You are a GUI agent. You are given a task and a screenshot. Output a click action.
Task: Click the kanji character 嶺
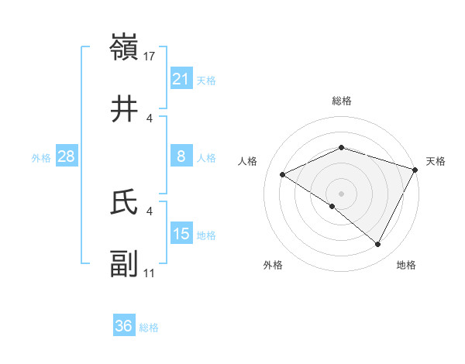coord(125,49)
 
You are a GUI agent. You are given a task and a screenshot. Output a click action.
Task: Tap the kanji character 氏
coord(125,203)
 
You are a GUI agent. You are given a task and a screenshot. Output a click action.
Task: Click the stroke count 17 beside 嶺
coord(150,56)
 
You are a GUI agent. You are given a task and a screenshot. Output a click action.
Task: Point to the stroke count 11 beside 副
coord(150,273)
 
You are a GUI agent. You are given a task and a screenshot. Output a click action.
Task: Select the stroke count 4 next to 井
coord(150,118)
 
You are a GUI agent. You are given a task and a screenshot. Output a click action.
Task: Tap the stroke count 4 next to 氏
coord(150,211)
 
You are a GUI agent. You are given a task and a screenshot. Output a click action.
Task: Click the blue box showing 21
coord(181,79)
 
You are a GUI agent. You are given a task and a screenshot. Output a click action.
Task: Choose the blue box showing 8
coord(181,156)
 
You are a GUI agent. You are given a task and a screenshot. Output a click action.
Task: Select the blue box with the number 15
coord(181,234)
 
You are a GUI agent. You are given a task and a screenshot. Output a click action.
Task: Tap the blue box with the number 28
coord(67,156)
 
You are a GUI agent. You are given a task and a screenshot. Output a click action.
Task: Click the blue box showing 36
coord(124,326)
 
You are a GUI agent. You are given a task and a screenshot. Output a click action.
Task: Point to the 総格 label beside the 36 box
coord(149,328)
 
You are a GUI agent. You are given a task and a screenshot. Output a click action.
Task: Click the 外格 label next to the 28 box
coord(41,157)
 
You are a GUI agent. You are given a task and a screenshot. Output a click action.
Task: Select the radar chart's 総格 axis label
coord(341,101)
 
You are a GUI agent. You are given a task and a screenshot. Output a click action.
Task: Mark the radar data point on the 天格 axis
coord(415,169)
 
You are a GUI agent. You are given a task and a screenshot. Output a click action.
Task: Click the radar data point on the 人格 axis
coord(283,174)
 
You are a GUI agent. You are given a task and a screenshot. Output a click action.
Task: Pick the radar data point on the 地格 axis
coord(377,244)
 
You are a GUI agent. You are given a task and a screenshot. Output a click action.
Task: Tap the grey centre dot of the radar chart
coord(341,193)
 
